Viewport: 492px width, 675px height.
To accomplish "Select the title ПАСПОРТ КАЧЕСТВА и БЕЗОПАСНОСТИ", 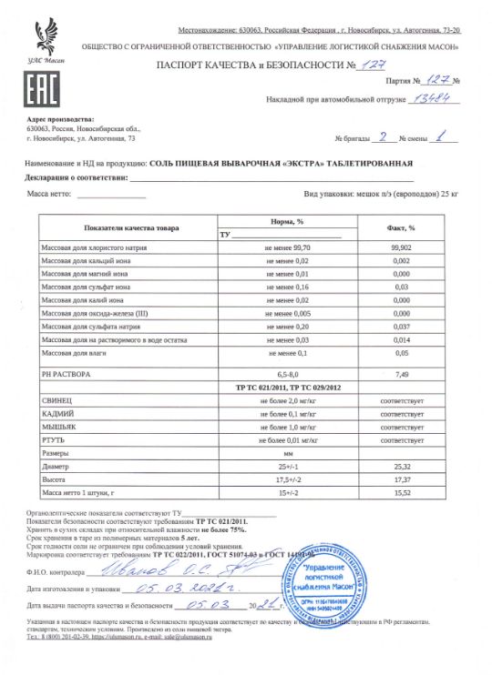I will coord(240,66).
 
